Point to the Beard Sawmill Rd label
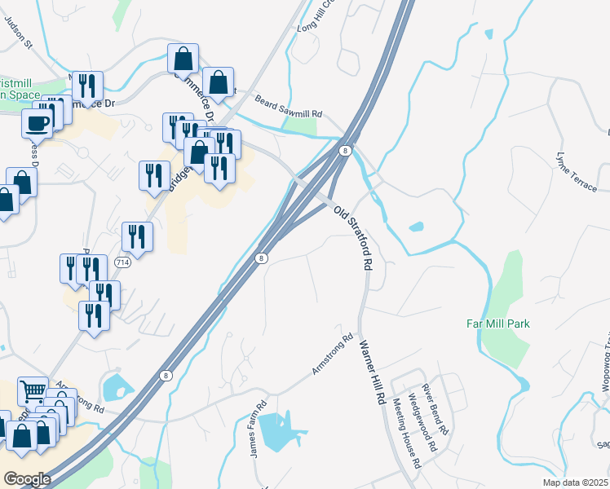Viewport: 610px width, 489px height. [289, 108]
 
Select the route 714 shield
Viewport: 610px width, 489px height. [122, 262]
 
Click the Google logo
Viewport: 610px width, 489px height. [27, 479]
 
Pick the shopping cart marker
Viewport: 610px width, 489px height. [32, 391]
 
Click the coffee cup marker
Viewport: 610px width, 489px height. [38, 123]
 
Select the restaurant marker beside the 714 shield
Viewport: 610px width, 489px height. [137, 236]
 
